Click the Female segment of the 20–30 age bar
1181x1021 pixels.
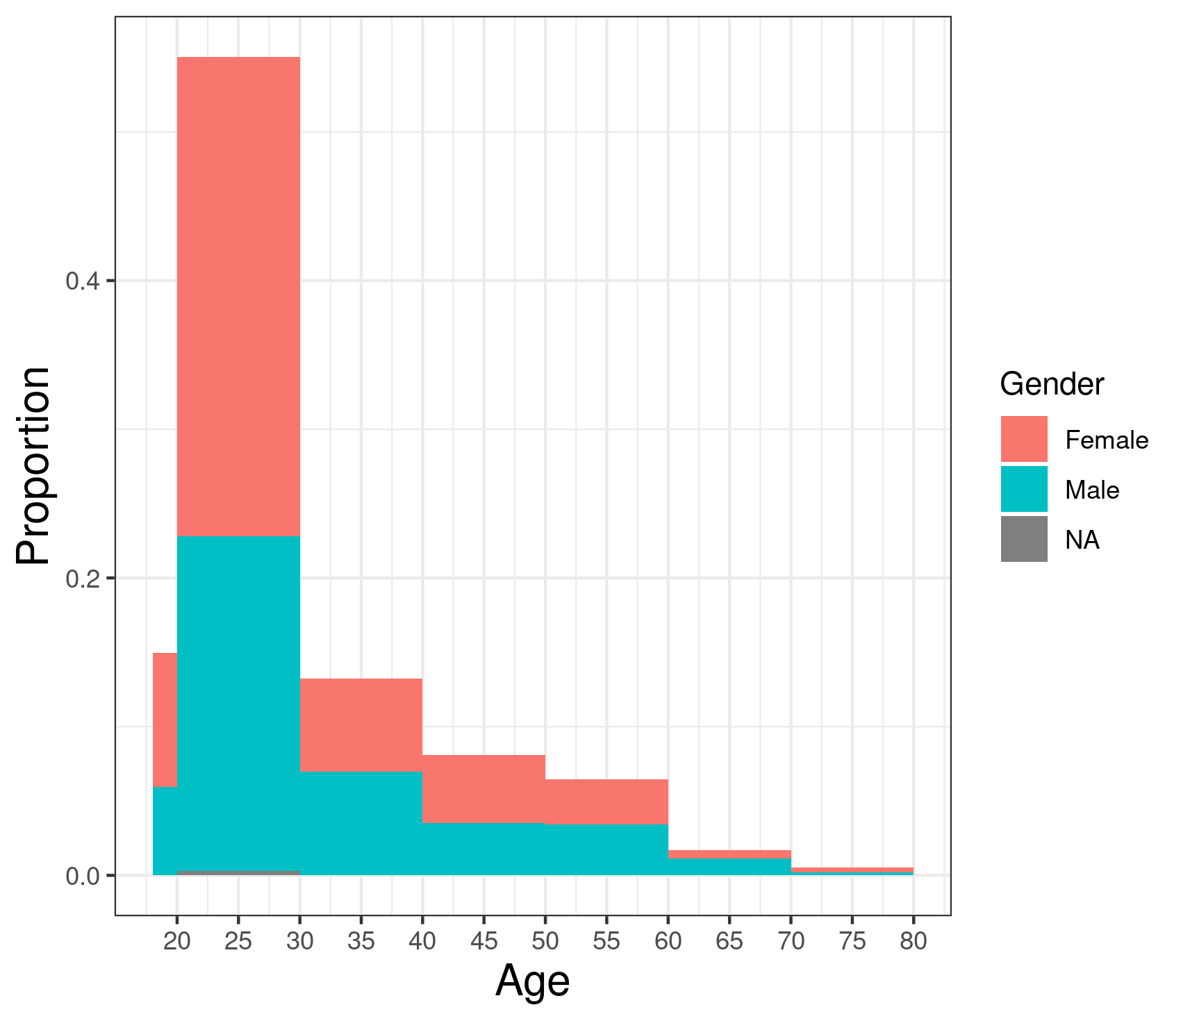(x=238, y=295)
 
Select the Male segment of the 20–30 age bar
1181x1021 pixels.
(x=238, y=702)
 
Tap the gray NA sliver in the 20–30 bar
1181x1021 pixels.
(x=238, y=872)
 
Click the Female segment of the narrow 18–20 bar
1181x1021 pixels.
(x=165, y=719)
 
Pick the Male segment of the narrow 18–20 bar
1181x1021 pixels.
(x=165, y=830)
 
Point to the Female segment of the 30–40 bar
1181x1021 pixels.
(x=361, y=724)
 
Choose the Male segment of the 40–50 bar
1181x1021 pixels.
(x=484, y=849)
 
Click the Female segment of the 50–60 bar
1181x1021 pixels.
(x=606, y=802)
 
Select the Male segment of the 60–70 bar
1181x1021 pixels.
(x=729, y=866)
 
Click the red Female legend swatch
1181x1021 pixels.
(x=1023, y=439)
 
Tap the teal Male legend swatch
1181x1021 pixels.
(x=1023, y=489)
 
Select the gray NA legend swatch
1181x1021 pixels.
(x=1023, y=539)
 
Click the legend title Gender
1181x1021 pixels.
(x=1051, y=384)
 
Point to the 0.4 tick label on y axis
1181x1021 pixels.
(x=83, y=281)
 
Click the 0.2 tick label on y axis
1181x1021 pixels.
(x=83, y=578)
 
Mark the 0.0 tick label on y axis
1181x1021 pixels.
(x=83, y=876)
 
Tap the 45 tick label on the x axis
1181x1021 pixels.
(x=484, y=941)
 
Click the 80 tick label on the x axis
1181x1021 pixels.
(x=913, y=941)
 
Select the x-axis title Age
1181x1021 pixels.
(x=532, y=981)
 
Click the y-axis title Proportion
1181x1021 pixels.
(x=33, y=465)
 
